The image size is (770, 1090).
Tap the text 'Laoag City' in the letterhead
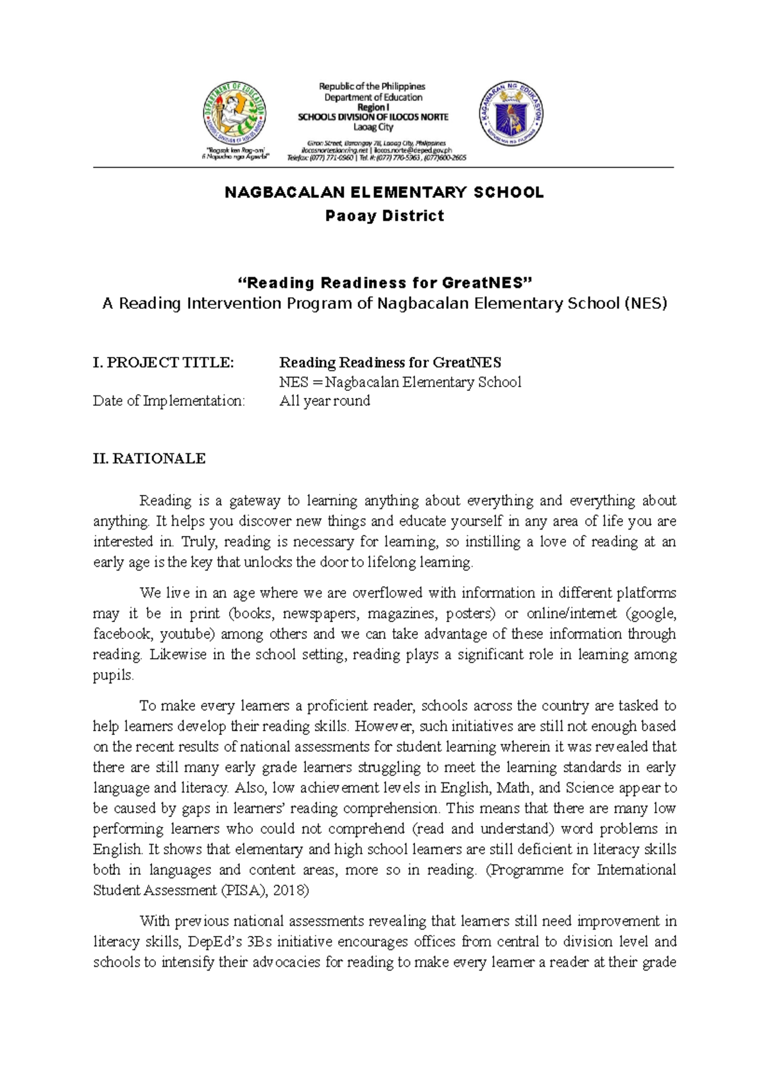[373, 127]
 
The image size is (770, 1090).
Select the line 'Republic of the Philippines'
[373, 86]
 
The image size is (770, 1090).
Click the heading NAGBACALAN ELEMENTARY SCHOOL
[384, 193]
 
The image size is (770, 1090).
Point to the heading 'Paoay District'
[384, 216]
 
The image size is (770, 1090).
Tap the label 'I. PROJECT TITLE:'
[163, 363]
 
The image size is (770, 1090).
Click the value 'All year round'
[325, 401]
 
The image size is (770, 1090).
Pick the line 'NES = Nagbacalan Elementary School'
[400, 383]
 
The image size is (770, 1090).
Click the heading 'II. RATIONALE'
[149, 458]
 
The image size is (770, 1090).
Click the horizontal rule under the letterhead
[384, 168]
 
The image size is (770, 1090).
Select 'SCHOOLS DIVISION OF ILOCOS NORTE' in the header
[373, 117]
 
